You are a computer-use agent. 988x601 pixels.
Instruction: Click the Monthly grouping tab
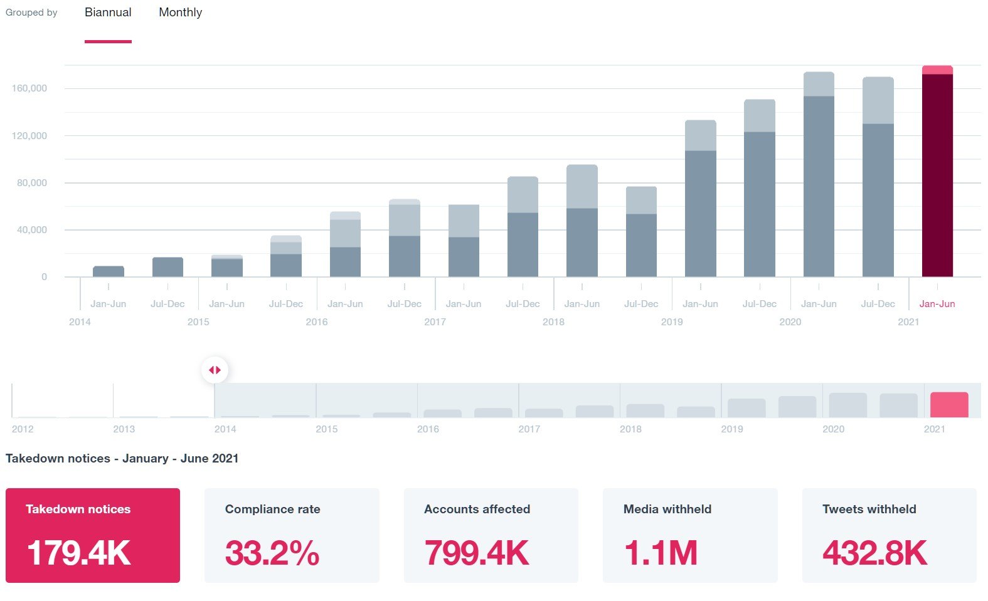180,13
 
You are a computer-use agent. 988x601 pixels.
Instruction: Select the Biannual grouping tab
108,13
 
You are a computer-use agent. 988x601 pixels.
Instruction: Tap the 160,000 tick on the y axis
29,88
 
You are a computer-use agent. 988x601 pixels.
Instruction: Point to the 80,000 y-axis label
32,183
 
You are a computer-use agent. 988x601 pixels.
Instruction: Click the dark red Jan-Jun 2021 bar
937,175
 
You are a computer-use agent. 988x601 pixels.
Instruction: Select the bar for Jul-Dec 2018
641,232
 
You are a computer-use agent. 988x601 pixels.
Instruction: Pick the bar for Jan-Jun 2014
109,271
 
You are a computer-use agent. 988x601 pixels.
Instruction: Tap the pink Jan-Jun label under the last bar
937,304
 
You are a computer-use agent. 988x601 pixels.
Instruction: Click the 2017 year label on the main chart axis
435,322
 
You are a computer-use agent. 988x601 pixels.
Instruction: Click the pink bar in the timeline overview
949,405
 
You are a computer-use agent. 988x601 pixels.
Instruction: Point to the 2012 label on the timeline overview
23,429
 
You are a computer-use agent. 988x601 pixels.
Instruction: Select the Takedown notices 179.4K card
93,535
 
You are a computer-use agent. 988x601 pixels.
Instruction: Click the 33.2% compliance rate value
272,553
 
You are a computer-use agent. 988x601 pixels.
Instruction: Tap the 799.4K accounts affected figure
477,553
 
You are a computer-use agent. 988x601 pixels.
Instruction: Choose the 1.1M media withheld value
661,553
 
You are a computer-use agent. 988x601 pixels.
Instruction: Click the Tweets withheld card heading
869,509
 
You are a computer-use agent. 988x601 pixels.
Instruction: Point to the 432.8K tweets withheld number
874,553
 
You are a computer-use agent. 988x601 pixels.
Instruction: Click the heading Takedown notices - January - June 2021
122,458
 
